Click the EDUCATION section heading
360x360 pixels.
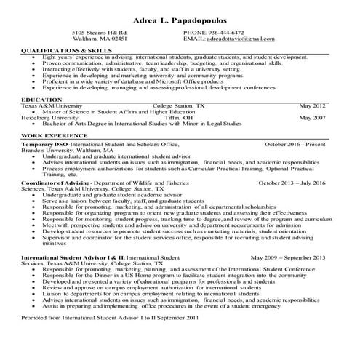pyautogui.click(x=41, y=99)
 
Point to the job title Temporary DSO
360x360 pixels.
pyautogui.click(x=44, y=145)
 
